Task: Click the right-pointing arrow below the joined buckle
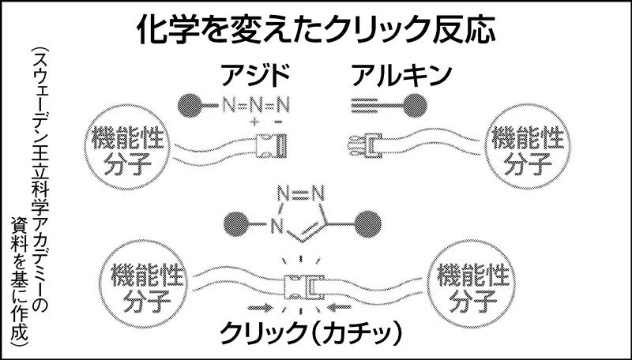pos(262,306)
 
